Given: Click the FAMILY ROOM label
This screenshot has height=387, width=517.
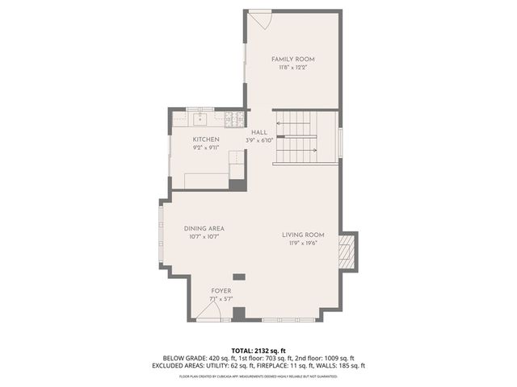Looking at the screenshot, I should (292, 60).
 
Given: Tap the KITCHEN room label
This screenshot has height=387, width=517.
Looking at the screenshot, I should (206, 139).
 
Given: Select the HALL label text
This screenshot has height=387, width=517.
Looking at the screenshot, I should (258, 132).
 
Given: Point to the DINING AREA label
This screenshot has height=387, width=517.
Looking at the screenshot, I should (204, 229).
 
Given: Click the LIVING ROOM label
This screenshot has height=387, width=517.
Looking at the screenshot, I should (303, 235).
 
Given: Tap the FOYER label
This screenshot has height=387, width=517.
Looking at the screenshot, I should (221, 289).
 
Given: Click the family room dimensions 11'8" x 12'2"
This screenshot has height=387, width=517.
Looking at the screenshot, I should (292, 68).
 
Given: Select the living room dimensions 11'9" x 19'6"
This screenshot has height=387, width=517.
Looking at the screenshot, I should (303, 243).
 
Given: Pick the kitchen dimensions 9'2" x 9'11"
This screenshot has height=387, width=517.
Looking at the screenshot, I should (206, 148).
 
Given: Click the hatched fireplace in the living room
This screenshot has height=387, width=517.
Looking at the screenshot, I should (347, 250).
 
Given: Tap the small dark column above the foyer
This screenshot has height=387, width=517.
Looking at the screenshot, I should (238, 277).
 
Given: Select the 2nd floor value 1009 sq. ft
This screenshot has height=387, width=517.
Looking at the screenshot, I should (335, 357).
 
